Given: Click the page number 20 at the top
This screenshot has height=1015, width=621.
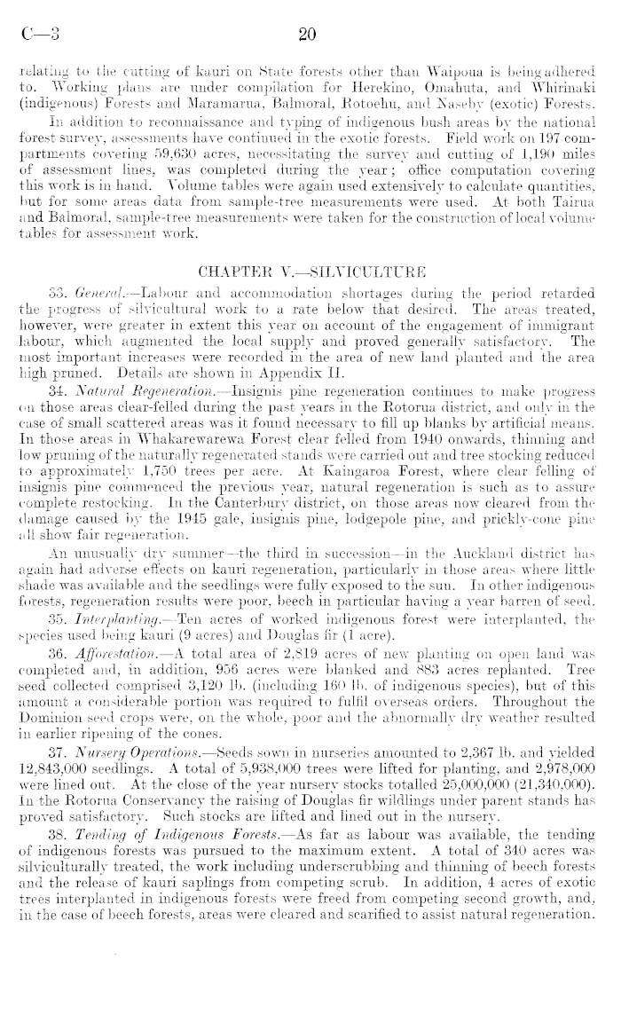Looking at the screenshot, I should click(309, 35).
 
